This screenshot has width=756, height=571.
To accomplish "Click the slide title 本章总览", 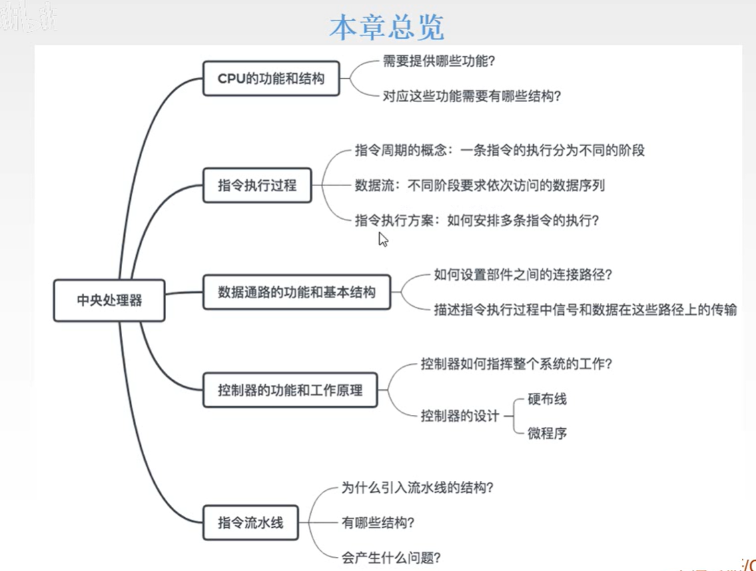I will coord(386,27).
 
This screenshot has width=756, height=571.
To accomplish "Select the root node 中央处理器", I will coord(109,300).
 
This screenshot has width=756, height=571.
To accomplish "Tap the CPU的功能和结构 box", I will coord(271,79).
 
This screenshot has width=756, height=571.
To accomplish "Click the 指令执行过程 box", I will coord(257,185).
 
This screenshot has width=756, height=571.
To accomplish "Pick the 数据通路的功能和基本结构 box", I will coord(296,292).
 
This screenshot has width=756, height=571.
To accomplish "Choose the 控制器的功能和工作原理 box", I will coord(290,390).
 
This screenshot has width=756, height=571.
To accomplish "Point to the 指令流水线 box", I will coord(250,522).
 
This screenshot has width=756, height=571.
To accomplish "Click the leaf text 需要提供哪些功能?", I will coord(438,61).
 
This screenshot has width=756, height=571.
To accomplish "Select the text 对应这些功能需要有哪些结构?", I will coord(471,95).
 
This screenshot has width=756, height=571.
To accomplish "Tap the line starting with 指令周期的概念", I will coord(500,150).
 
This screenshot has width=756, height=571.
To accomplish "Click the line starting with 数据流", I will coord(480,185).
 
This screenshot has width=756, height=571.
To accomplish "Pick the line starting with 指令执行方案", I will coord(476,219).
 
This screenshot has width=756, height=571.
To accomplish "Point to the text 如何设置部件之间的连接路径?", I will coord(523,275).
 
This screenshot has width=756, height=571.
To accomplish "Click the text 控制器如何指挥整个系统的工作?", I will coord(516,365).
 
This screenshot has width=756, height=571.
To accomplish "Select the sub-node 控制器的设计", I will coord(460,416).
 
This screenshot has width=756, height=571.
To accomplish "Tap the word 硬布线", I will coord(547,400).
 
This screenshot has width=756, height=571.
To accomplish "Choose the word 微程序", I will coord(547,433).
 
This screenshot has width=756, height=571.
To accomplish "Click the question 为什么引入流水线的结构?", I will coord(417,488).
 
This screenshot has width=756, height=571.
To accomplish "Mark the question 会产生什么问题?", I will coord(391,556).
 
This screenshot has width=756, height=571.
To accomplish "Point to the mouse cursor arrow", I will coord(382,239).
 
